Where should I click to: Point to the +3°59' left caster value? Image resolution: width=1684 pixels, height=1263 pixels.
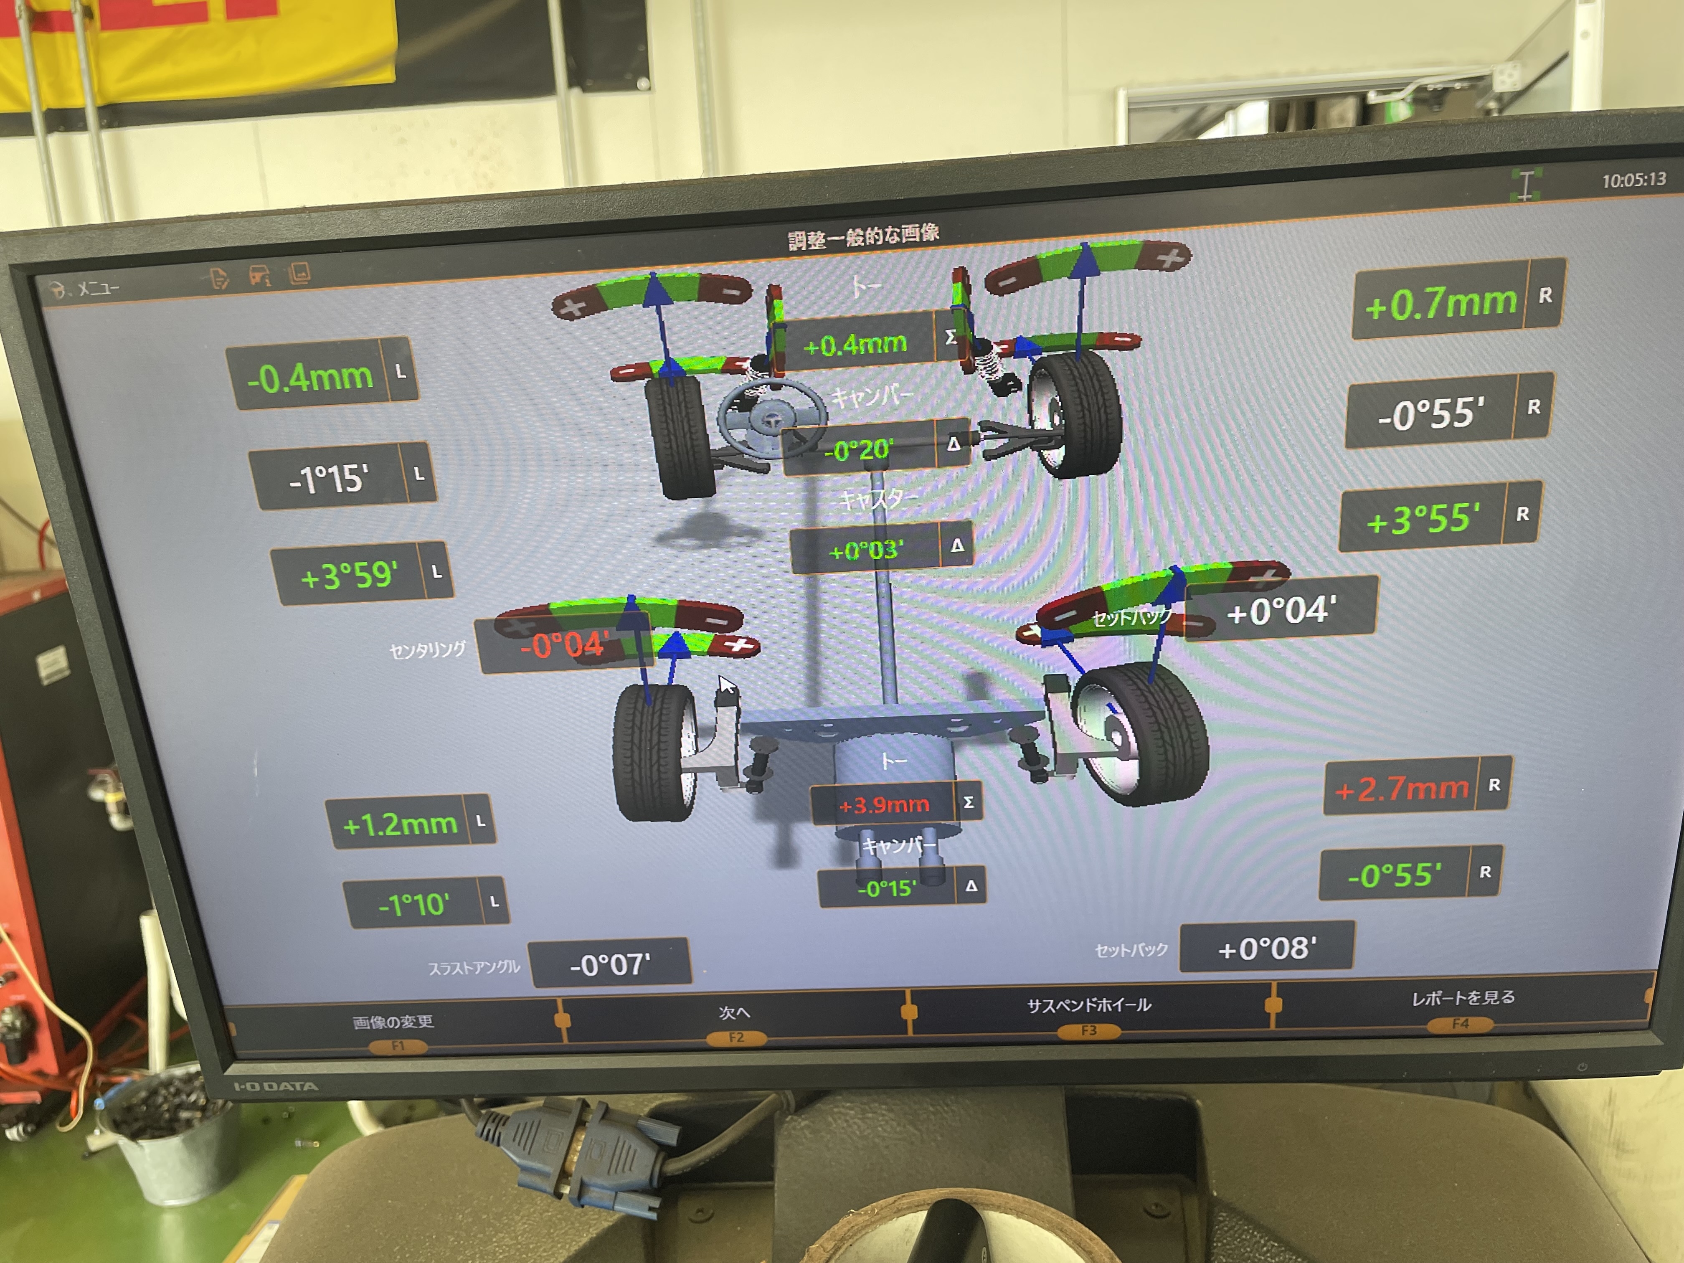tap(349, 575)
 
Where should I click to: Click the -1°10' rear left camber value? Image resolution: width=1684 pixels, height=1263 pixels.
tap(413, 904)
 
